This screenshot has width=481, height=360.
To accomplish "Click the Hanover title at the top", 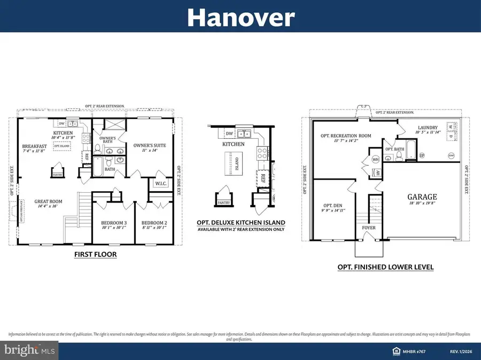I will pos(240,18).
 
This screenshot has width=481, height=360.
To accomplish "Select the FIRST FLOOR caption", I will pos(96,255).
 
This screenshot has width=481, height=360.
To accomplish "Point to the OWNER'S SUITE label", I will pos(141,145).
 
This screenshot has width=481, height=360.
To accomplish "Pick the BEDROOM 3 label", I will pos(114,223).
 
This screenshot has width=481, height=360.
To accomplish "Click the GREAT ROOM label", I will pos(49,201).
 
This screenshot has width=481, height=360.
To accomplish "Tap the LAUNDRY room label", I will pos(428,128).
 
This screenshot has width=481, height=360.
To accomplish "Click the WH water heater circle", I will pos(375,159).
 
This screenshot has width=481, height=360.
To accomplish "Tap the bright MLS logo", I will pos(29,351).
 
